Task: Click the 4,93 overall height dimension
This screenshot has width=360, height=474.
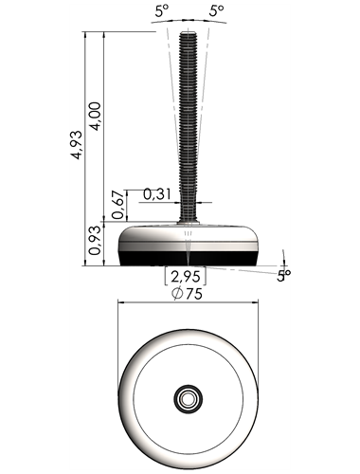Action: (x=77, y=144)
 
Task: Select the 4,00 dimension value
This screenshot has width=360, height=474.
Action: (x=96, y=116)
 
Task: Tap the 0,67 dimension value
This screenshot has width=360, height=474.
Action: (x=117, y=205)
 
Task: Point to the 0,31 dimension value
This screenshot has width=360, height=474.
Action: (x=157, y=194)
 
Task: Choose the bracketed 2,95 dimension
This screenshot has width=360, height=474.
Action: (x=186, y=276)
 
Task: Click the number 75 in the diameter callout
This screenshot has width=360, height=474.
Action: (x=194, y=294)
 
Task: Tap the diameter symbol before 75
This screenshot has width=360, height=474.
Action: (x=177, y=293)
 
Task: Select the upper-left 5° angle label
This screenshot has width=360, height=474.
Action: (x=162, y=11)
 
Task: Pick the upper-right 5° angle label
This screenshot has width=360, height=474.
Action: (x=217, y=11)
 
